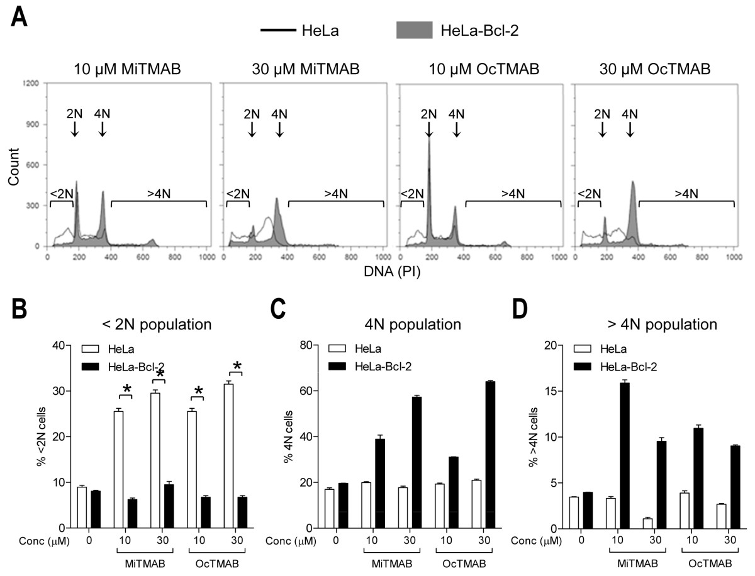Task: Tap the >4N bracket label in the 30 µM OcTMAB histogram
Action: [x=685, y=193]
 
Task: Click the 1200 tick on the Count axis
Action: [x=33, y=83]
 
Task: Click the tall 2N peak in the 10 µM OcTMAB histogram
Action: [x=429, y=189]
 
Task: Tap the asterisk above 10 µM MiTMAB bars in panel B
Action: [x=126, y=390]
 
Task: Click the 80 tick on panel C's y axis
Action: [x=308, y=345]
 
